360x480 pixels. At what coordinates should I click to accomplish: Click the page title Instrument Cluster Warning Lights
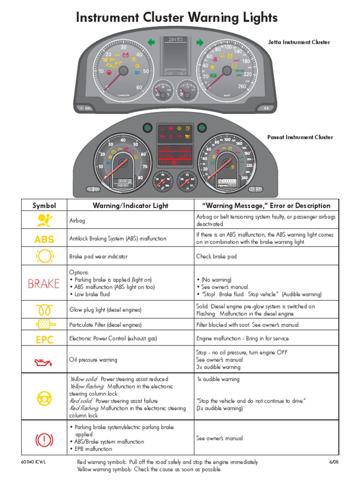click(x=177, y=18)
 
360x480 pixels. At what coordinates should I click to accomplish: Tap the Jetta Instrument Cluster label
click(x=299, y=42)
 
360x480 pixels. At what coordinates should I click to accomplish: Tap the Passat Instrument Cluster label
click(x=300, y=137)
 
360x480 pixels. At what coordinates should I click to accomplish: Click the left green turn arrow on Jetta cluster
click(x=151, y=43)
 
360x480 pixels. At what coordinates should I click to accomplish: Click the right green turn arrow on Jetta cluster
click(x=200, y=43)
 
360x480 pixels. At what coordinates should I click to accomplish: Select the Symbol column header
click(x=44, y=205)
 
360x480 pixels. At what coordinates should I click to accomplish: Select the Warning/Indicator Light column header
click(x=130, y=205)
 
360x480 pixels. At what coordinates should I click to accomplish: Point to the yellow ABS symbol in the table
click(x=44, y=239)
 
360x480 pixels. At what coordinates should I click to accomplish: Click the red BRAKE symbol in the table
click(x=44, y=284)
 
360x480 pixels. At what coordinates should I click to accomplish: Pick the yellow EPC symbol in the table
click(x=44, y=339)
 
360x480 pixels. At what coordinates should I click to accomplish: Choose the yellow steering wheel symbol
click(x=44, y=397)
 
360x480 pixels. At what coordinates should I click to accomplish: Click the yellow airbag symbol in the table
click(x=44, y=220)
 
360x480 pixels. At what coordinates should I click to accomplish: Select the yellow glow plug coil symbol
click(x=44, y=310)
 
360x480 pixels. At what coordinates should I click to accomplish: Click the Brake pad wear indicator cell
click(x=98, y=257)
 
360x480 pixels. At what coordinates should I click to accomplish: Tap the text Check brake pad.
click(x=217, y=257)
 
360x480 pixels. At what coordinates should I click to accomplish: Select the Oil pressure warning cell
click(x=93, y=360)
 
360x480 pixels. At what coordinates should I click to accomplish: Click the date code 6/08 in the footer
click(x=333, y=462)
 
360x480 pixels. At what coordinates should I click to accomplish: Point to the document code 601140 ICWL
click(x=37, y=462)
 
